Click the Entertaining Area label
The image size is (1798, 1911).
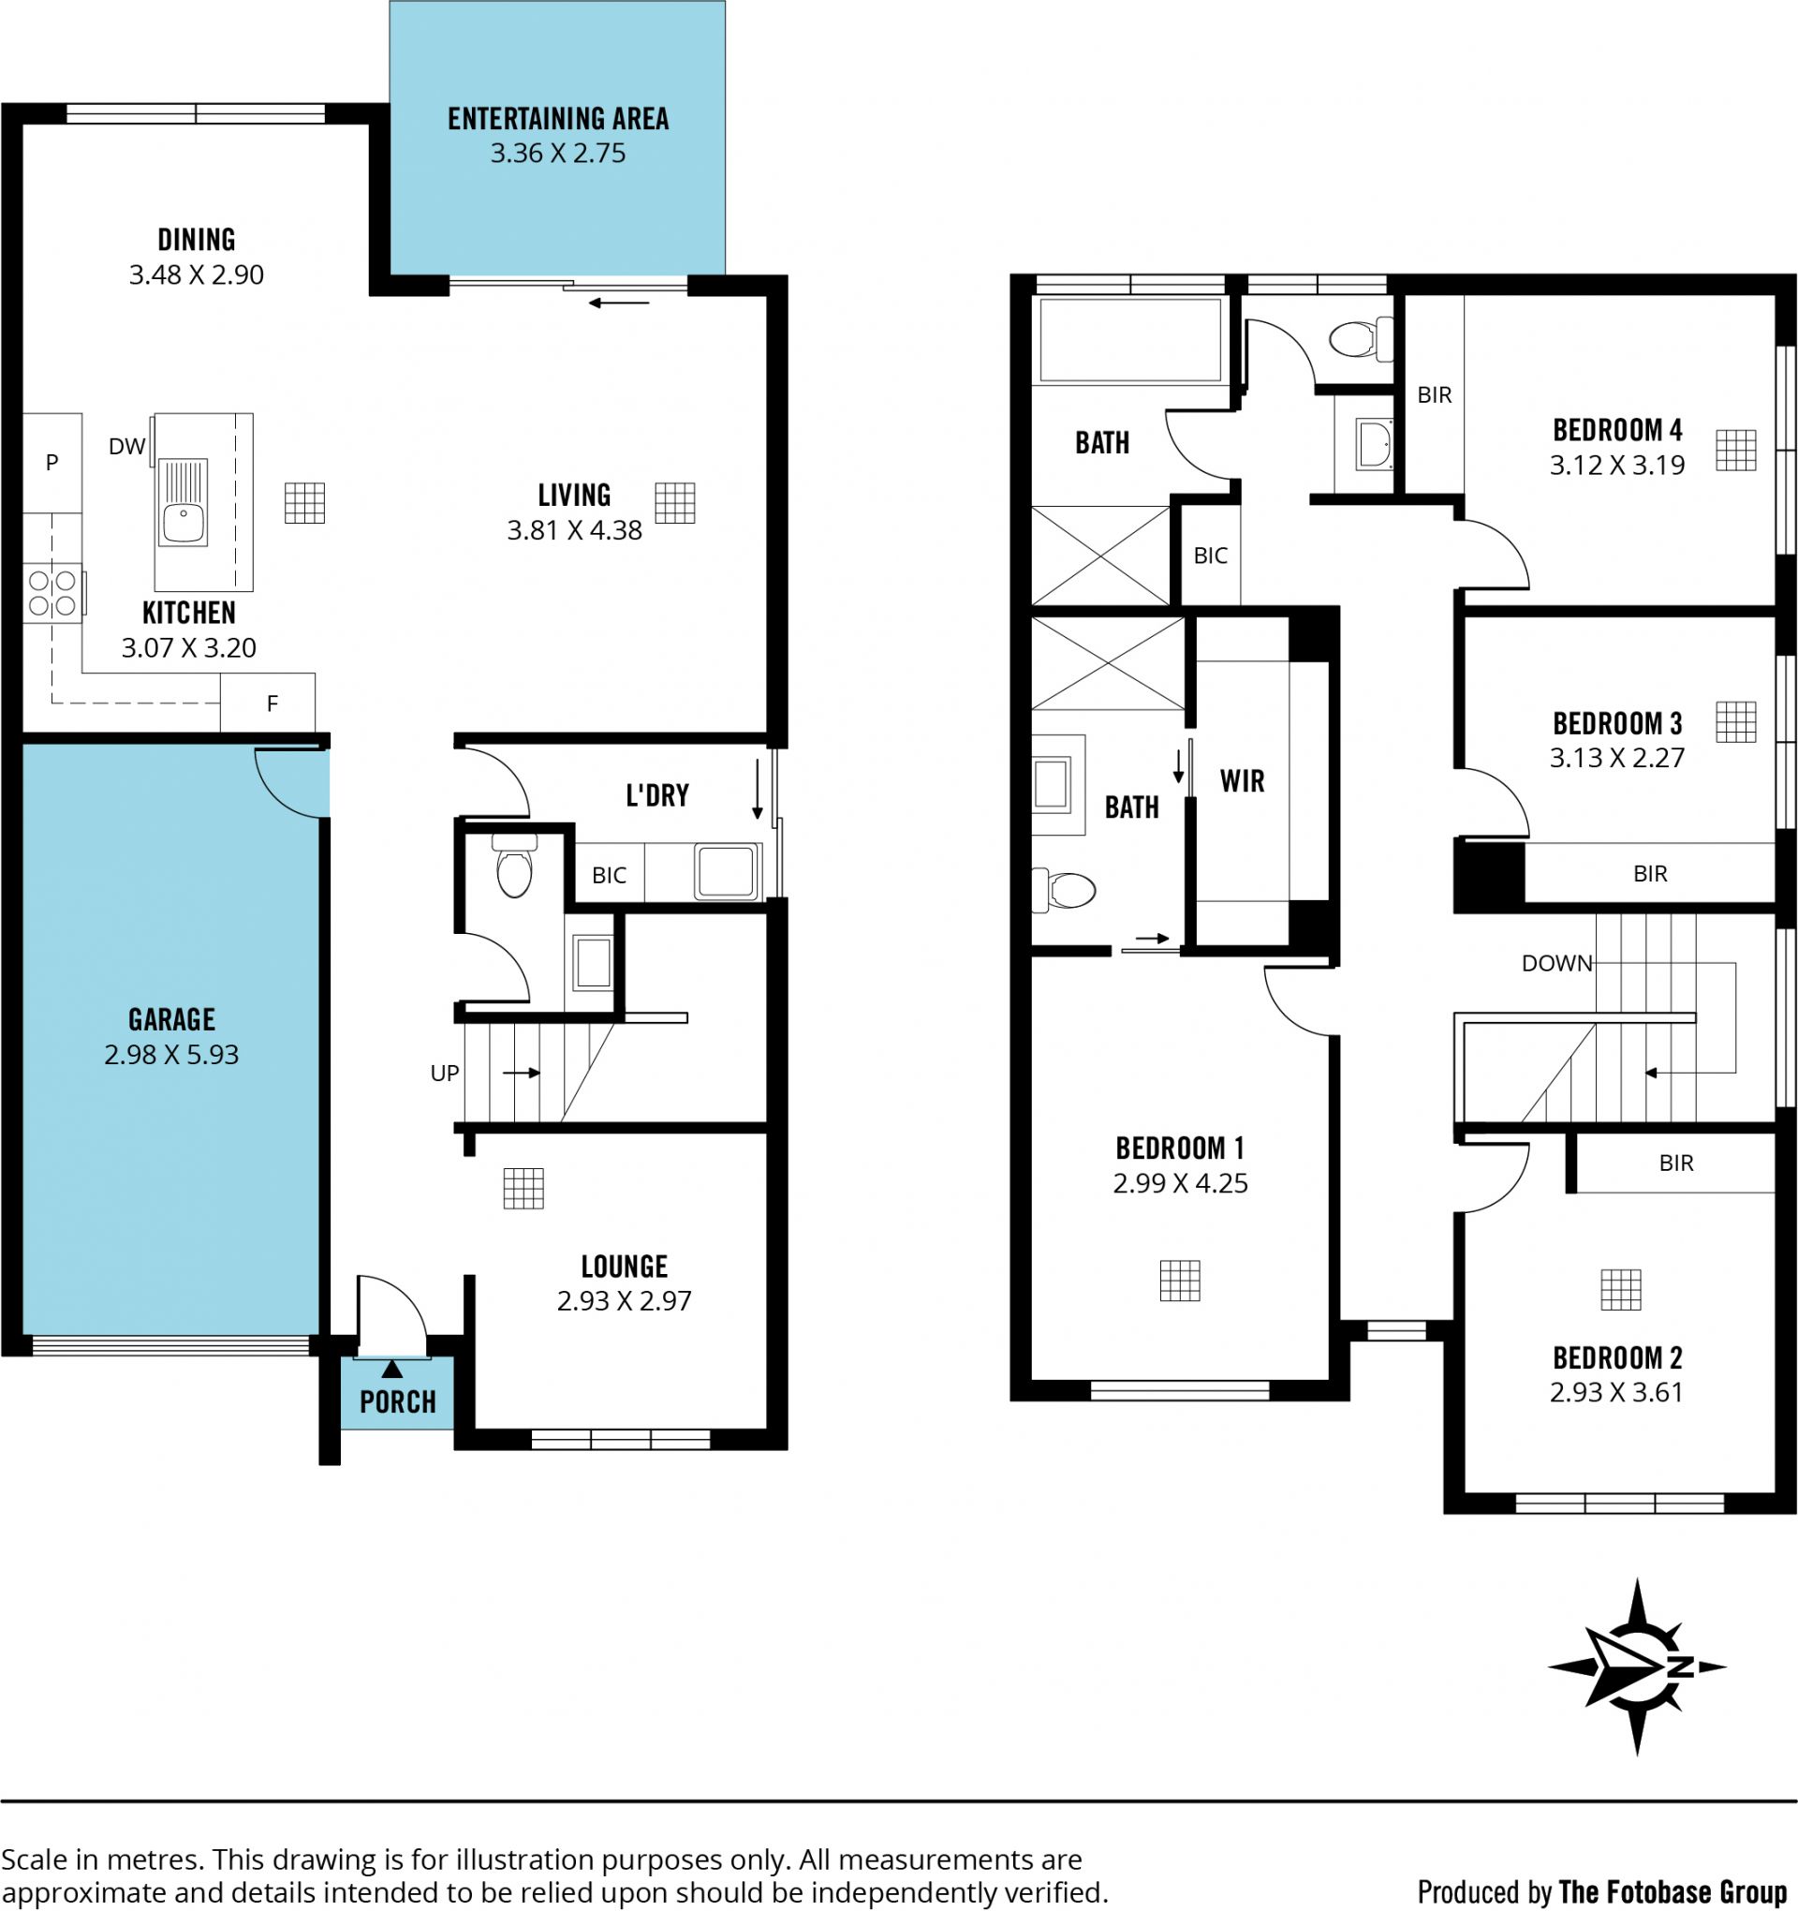(558, 119)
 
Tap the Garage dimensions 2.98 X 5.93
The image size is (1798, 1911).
(171, 1055)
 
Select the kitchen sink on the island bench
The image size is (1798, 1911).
(183, 503)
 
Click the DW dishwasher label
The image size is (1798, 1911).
(126, 446)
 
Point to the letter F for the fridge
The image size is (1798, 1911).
(273, 704)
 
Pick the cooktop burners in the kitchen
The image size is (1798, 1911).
(52, 593)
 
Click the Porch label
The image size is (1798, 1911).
(398, 1402)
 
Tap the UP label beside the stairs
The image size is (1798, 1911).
(444, 1073)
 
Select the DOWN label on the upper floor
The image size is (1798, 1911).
(1556, 963)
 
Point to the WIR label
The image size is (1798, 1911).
(1243, 780)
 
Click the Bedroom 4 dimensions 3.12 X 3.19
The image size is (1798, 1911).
(1617, 466)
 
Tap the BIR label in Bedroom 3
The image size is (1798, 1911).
(1650, 874)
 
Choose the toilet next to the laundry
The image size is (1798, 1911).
(514, 866)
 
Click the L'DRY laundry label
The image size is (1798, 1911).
(657, 796)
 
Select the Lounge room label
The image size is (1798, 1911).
(625, 1266)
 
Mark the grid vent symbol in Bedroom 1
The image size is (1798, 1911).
(1180, 1281)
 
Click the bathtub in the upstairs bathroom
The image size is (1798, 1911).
(1130, 340)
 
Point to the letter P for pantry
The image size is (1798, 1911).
(52, 463)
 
